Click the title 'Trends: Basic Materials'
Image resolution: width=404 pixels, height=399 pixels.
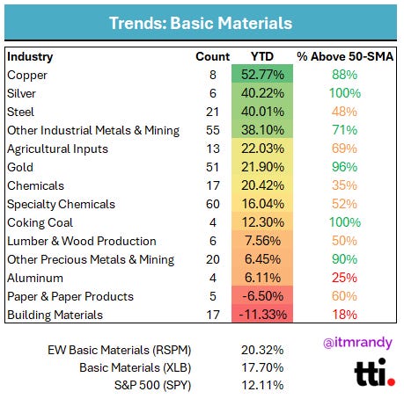[x=201, y=23]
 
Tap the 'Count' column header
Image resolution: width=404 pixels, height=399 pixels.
[x=213, y=56]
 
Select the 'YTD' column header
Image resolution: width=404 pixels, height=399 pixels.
[x=262, y=56]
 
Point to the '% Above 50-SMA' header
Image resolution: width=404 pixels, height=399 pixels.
[x=345, y=56]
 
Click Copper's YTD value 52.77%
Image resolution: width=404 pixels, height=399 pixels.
[x=262, y=75]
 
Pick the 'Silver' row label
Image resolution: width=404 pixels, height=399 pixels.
[x=21, y=93]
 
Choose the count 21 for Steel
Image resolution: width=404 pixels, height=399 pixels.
[x=212, y=112]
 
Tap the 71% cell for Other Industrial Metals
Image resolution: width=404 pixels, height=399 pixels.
[x=345, y=130]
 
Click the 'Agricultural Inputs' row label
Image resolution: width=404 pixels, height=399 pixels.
[x=57, y=149]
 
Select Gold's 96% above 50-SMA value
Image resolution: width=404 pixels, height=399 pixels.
[x=345, y=167]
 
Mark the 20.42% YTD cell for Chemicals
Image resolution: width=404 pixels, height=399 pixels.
[x=262, y=185]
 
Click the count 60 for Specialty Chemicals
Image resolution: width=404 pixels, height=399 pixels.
[x=213, y=204]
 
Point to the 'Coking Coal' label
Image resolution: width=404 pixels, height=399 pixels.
[x=40, y=223]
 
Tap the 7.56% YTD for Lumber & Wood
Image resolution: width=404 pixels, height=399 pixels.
[x=262, y=241]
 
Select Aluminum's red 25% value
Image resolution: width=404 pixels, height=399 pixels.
[x=345, y=278]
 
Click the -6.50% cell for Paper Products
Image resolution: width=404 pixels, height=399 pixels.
[x=262, y=296]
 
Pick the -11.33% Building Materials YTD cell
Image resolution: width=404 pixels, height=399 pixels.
[x=262, y=315]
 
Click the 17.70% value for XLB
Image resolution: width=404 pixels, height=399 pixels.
[x=262, y=367]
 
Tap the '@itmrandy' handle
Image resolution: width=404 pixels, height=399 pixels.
[x=357, y=343]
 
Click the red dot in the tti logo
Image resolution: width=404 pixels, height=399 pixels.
[x=391, y=381]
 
